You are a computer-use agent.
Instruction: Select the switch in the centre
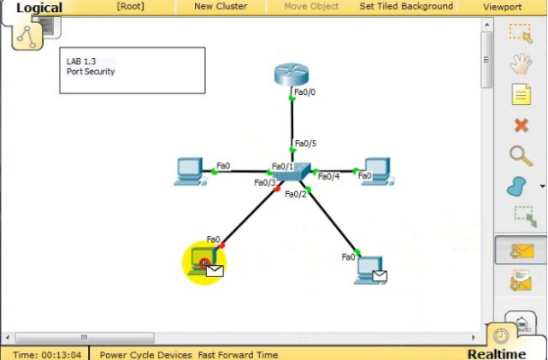pyautogui.click(x=292, y=173)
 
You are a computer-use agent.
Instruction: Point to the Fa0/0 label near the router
pyautogui.click(x=305, y=91)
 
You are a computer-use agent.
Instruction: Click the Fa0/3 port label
pyautogui.click(x=265, y=182)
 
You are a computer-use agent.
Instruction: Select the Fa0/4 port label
pyautogui.click(x=328, y=177)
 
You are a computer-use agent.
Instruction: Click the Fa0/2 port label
pyautogui.click(x=295, y=194)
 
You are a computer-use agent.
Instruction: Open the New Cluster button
pyautogui.click(x=221, y=6)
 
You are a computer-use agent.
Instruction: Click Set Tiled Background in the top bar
pyautogui.click(x=406, y=6)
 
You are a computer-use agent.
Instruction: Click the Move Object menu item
pyautogui.click(x=311, y=6)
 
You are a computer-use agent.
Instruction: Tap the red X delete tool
pyautogui.click(x=521, y=125)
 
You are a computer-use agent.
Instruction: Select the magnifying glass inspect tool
pyautogui.click(x=521, y=155)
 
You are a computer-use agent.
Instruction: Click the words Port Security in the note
pyautogui.click(x=91, y=72)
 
